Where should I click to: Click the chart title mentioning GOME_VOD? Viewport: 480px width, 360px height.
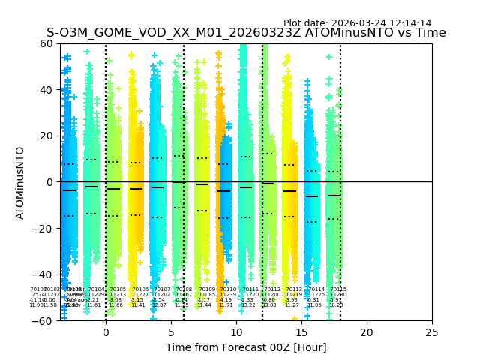coord(246,33)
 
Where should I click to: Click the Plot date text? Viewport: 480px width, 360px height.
coord(357,23)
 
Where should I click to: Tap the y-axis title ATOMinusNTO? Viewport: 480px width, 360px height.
coord(20,182)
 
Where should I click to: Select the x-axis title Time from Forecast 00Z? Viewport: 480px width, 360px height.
coord(246,347)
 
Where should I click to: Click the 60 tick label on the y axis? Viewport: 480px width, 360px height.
coord(46,43)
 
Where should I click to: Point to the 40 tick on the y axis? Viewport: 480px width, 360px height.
coord(46,90)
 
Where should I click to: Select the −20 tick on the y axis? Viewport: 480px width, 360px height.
coord(43,228)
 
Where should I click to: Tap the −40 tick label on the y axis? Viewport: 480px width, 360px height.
coord(43,274)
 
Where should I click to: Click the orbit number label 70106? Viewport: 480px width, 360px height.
coord(139,289)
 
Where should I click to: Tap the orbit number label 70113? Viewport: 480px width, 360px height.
coord(294,289)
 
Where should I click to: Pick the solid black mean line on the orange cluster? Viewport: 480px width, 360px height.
coord(223,191)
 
